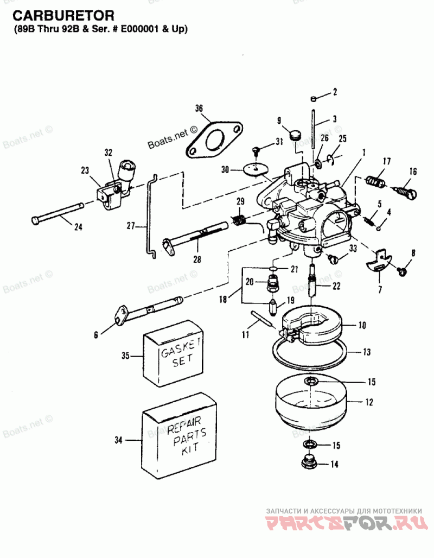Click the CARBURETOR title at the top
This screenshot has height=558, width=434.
63,16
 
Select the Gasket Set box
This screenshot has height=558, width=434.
173,353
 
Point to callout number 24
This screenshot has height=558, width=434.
78,226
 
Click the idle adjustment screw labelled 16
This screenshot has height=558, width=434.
406,192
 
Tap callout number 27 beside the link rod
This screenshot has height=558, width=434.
131,226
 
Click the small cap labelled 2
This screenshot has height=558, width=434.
313,98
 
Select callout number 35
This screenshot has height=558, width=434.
125,356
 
